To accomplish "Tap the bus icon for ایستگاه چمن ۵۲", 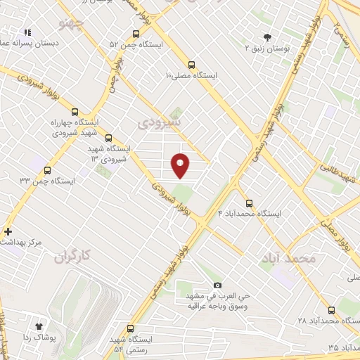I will pos(136,33).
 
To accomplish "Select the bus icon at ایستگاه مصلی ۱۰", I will pos(192,62).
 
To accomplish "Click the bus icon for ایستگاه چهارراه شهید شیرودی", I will pos(75,111).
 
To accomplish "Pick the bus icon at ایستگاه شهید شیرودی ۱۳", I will pos(108,139).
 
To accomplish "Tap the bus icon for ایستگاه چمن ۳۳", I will pos(47,169).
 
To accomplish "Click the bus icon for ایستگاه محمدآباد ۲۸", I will pos(330,309).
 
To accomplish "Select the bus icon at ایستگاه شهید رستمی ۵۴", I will pos(129,328).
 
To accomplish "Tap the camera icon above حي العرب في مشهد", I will pos(217,285).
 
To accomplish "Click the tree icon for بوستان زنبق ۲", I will pos(266,37).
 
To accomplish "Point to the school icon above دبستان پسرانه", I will pos(28,32).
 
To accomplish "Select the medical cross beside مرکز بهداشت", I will pos(8,231).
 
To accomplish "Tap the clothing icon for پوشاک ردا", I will pos(39,326).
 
